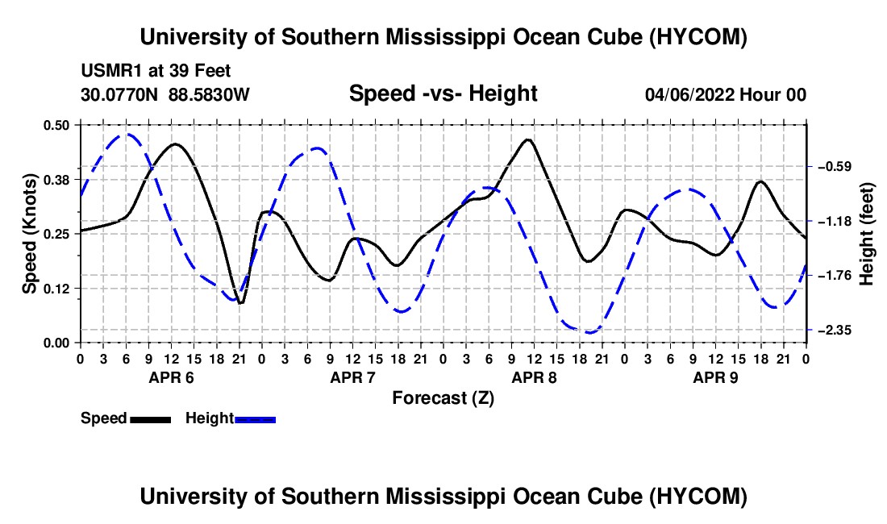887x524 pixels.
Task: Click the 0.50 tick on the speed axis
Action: pos(56,125)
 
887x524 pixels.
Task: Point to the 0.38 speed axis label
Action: pos(56,180)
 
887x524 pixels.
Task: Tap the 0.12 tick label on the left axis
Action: pos(56,289)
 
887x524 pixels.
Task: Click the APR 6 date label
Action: pos(172,377)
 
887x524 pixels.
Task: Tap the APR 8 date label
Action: pos(534,377)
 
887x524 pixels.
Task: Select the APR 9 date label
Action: pos(715,377)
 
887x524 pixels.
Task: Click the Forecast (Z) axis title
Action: pos(443,398)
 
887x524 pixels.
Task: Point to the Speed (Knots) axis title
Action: pos(29,234)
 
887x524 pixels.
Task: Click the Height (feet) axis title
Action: pos(866,234)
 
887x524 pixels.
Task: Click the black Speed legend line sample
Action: pos(151,419)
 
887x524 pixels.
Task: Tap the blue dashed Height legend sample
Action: pos(255,419)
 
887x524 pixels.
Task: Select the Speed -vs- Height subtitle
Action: pos(443,94)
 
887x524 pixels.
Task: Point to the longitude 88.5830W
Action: pos(209,94)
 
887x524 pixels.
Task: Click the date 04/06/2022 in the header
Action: pos(690,94)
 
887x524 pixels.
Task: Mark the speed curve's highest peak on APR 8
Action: pos(528,139)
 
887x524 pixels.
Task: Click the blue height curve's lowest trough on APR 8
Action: pos(589,332)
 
